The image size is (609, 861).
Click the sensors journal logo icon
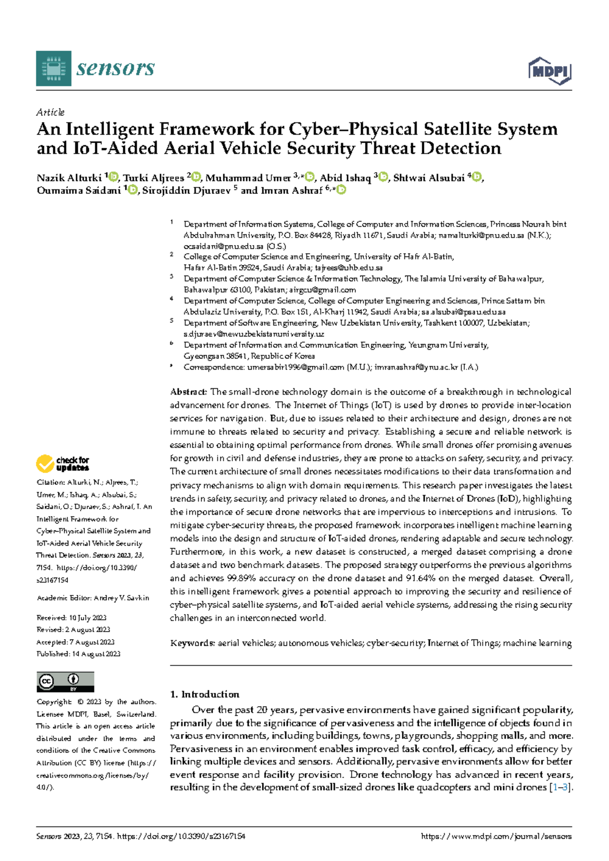tap(53, 69)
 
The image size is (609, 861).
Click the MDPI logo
tap(550, 71)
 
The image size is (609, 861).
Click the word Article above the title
tap(50, 112)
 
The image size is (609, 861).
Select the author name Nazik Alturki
tap(69, 178)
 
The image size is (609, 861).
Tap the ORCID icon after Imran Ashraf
tap(342, 190)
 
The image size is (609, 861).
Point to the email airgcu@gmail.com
tap(322, 289)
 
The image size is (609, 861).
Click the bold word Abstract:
tap(188, 392)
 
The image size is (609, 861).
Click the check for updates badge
tap(62, 463)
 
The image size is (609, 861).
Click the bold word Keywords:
tap(192, 643)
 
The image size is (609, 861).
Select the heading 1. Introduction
tap(205, 694)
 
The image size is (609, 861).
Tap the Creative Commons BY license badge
tap(65, 682)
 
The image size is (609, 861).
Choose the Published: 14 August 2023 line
tap(78, 654)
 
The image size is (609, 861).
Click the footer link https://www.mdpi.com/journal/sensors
tap(496, 836)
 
